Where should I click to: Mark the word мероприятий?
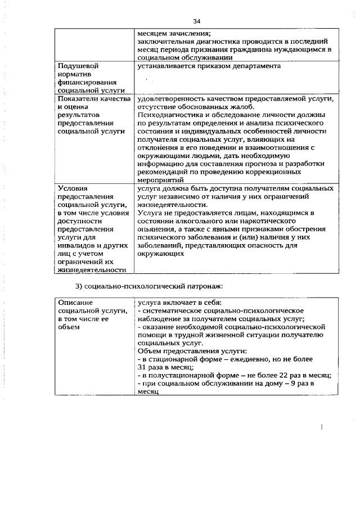pyautogui.click(x=160, y=180)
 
